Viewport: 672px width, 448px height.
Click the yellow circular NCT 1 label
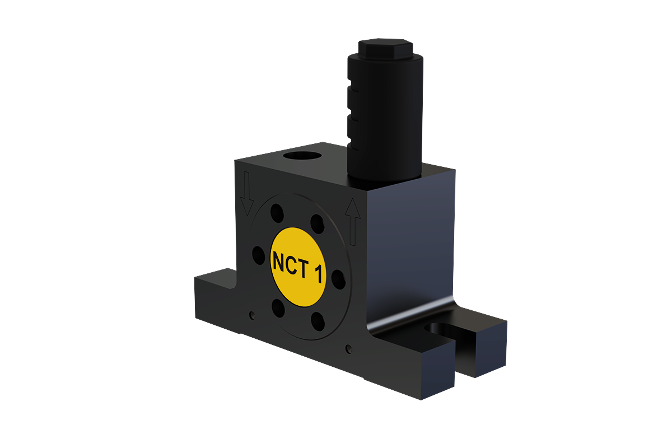click(298, 267)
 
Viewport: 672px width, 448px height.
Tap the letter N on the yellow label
click(279, 262)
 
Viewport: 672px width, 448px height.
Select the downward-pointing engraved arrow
click(247, 194)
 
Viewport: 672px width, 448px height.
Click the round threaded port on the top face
click(302, 156)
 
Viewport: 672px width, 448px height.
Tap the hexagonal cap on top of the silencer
click(385, 49)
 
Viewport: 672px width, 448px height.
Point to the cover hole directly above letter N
click(277, 213)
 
